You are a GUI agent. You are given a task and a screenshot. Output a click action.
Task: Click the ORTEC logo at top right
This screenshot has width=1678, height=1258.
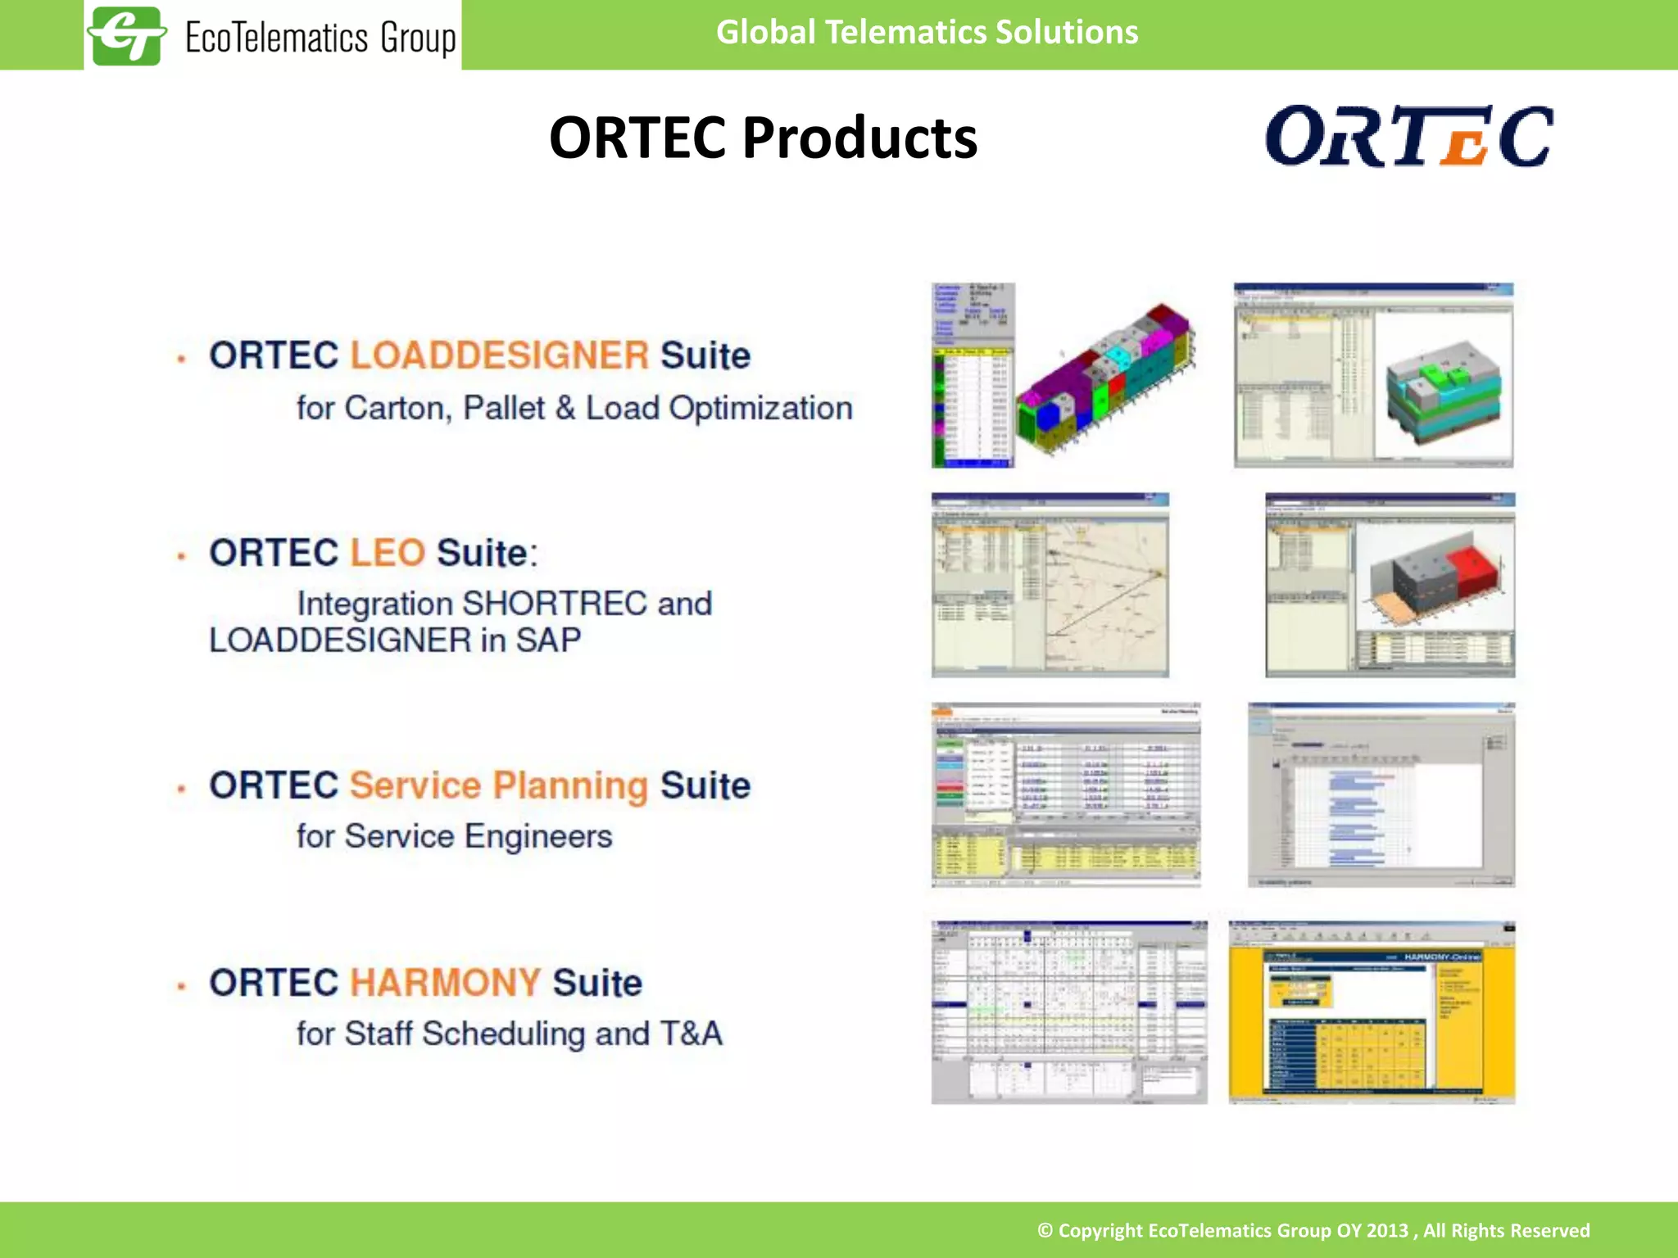[x=1408, y=137]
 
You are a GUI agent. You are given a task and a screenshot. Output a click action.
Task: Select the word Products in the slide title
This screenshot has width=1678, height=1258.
[x=859, y=138]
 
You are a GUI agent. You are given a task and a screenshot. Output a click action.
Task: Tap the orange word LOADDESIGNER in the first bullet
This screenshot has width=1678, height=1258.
[x=500, y=355]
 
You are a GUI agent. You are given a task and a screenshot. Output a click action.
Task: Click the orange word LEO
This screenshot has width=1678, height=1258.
[x=388, y=553]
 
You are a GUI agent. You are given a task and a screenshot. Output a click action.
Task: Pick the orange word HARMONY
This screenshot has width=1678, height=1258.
[x=445, y=983]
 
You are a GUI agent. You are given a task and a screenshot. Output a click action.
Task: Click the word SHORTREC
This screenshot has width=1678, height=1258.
[x=555, y=604]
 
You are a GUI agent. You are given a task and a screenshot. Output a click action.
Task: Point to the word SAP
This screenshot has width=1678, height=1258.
[x=548, y=640]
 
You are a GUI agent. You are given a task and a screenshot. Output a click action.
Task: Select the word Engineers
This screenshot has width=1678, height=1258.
[x=538, y=836]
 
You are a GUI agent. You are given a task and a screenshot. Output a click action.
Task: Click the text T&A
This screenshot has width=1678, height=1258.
[x=691, y=1034]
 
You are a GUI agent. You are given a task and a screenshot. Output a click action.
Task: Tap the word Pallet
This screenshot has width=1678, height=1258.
[x=504, y=408]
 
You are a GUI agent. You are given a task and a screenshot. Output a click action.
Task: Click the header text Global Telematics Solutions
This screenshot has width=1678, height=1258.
[x=927, y=33]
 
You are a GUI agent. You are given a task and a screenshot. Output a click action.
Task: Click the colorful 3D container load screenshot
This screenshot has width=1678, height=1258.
[x=1063, y=376]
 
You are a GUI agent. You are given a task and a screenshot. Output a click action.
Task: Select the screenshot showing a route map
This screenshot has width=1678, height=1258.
[x=1050, y=585]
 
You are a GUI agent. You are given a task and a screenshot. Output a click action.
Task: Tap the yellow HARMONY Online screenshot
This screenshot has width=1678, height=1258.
[x=1372, y=1013]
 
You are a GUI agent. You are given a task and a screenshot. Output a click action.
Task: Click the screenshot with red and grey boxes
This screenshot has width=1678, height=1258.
[x=1390, y=585]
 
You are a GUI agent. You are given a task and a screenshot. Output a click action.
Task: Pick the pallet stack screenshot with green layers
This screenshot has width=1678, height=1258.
[x=1373, y=376]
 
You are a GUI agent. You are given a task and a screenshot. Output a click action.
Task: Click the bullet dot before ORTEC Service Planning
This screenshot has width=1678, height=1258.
[x=182, y=789]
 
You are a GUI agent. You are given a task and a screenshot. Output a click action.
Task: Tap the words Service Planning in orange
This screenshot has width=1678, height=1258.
[x=498, y=785]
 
